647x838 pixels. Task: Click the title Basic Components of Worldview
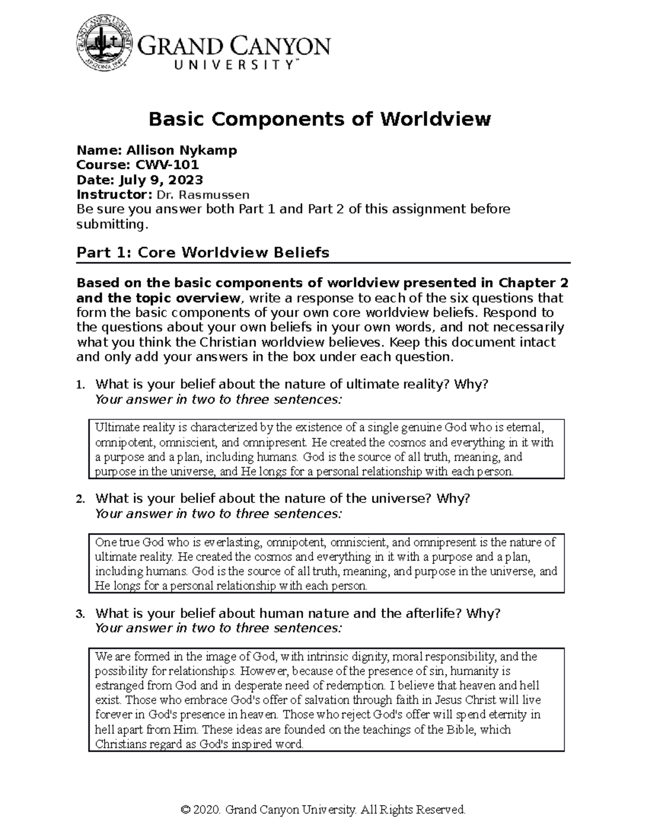point(320,119)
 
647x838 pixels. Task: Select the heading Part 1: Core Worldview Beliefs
point(203,253)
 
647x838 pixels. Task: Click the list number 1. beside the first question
point(81,385)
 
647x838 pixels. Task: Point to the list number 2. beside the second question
point(81,499)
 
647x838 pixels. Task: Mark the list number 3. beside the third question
point(81,614)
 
